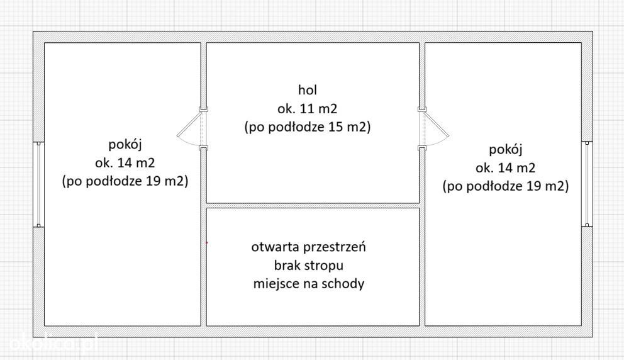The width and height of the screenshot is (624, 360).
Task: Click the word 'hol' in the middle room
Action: pyautogui.click(x=307, y=89)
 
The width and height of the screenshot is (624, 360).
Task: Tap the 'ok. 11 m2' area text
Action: pyautogui.click(x=307, y=108)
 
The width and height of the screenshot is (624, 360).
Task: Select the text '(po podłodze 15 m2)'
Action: pyautogui.click(x=308, y=127)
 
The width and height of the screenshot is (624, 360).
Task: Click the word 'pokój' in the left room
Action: pyautogui.click(x=125, y=145)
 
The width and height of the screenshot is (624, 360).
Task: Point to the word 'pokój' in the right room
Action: pyautogui.click(x=505, y=150)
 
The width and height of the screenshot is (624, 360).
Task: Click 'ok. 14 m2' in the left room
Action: pyautogui.click(x=125, y=162)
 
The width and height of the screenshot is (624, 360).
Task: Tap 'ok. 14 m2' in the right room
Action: pyautogui.click(x=505, y=167)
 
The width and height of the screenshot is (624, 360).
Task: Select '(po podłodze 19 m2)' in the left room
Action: pyautogui.click(x=125, y=181)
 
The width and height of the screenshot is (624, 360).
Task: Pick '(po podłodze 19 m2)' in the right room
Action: pyautogui.click(x=505, y=186)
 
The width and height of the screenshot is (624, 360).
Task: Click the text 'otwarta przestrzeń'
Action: pyautogui.click(x=308, y=247)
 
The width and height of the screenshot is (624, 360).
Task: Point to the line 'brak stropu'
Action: pyautogui.click(x=308, y=265)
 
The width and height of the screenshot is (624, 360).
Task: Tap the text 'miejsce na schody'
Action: pyautogui.click(x=309, y=284)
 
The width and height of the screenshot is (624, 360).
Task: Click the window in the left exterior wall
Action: pyautogui.click(x=38, y=184)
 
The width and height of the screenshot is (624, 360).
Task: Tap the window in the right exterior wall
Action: pyautogui.click(x=587, y=184)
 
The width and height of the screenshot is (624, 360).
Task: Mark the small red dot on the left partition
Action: pyautogui.click(x=206, y=242)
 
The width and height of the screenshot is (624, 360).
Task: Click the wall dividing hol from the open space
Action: pyautogui.click(x=313, y=205)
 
